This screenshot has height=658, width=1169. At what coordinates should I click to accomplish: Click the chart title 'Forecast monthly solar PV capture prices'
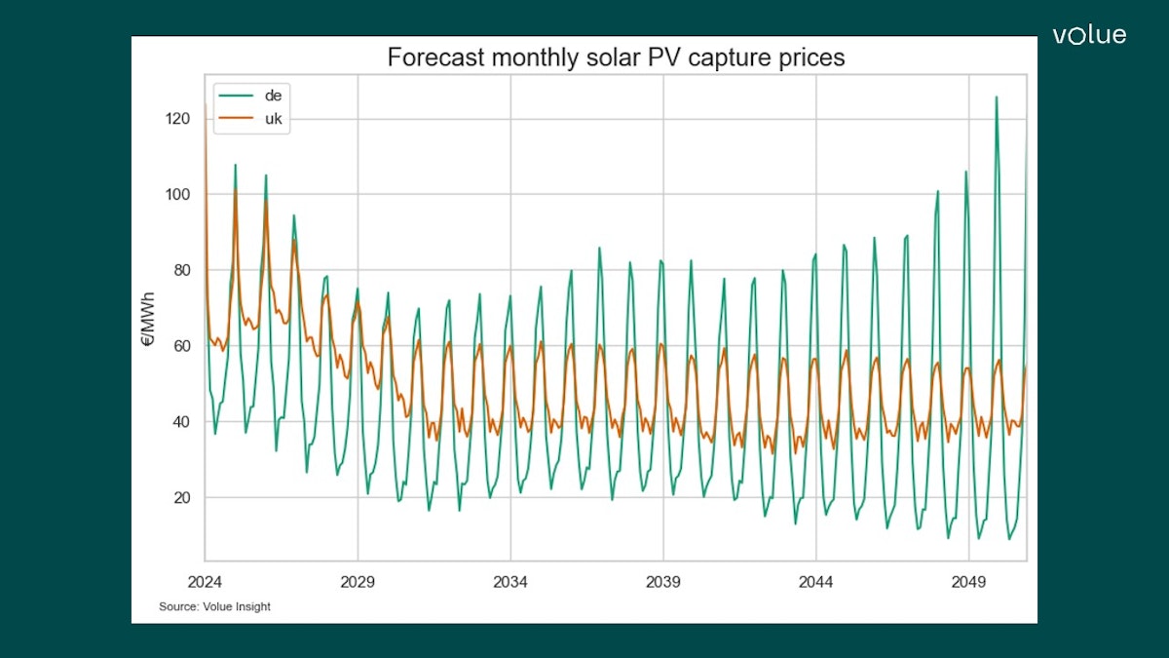click(616, 58)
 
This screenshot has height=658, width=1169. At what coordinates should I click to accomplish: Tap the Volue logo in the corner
click(1088, 36)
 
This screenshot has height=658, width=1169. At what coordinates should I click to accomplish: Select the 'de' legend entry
click(272, 96)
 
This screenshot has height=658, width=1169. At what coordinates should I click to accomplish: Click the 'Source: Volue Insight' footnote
click(214, 607)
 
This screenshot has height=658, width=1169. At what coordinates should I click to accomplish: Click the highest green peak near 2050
click(996, 97)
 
